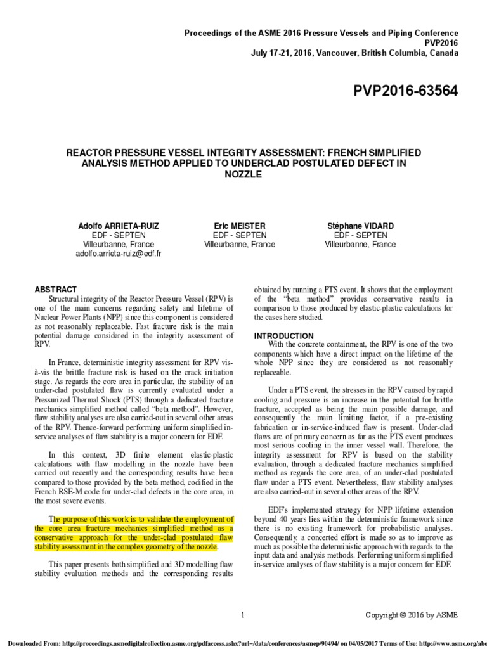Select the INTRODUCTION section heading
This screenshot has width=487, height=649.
pyautogui.click(x=283, y=335)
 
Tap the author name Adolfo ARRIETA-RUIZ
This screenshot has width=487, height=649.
pyautogui.click(x=119, y=226)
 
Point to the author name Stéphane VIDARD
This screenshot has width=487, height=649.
pyautogui.click(x=360, y=226)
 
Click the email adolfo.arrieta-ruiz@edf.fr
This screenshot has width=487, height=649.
pyautogui.click(x=119, y=253)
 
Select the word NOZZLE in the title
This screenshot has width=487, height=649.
pyautogui.click(x=243, y=174)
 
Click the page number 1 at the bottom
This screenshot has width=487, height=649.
pyautogui.click(x=243, y=614)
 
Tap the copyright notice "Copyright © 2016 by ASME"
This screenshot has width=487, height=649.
pyautogui.click(x=411, y=614)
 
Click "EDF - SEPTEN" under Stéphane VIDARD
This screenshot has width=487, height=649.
pyautogui.click(x=360, y=235)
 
